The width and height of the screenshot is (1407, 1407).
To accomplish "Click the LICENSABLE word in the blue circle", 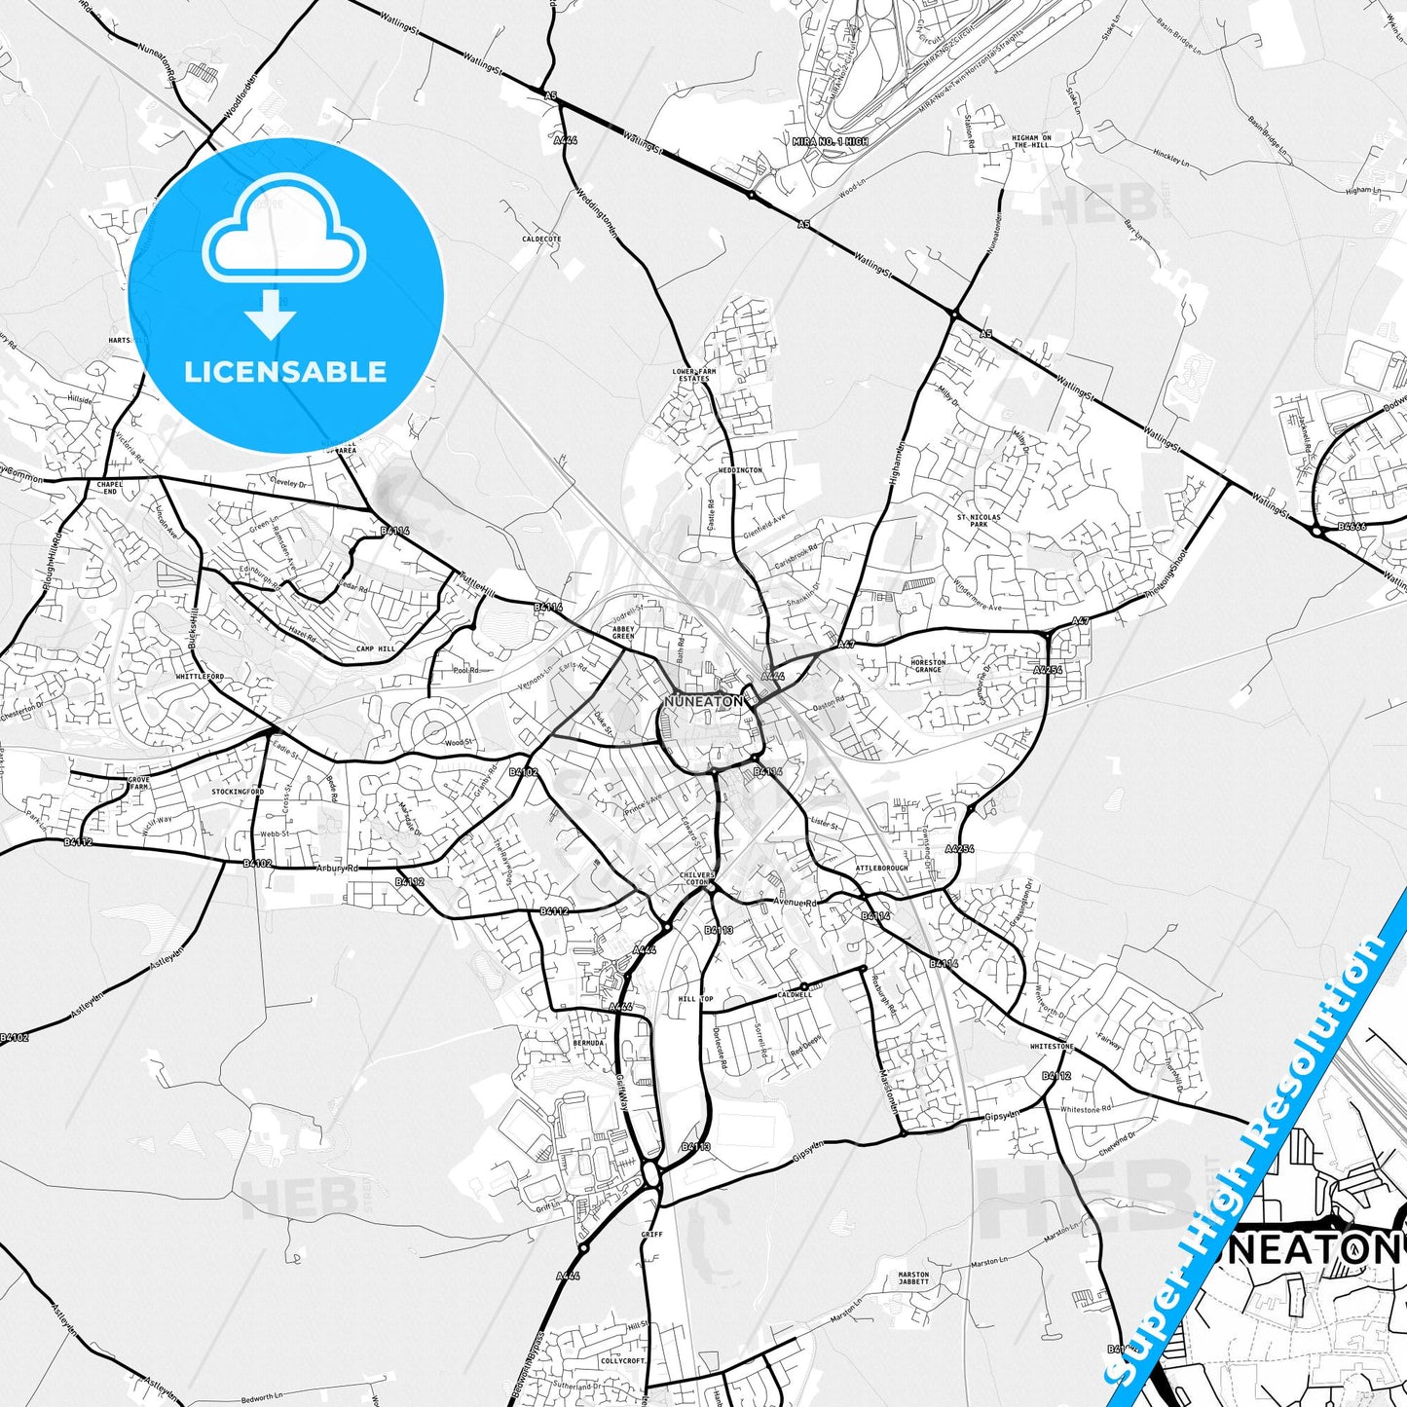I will pyautogui.click(x=285, y=372).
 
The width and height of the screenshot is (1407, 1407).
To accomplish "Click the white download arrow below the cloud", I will pyautogui.click(x=271, y=314).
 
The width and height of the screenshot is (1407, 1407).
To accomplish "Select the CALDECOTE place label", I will pyautogui.click(x=541, y=239).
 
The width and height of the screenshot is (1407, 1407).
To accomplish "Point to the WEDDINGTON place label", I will pyautogui.click(x=740, y=470).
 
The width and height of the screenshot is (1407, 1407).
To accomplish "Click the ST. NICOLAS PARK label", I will pyautogui.click(x=979, y=520).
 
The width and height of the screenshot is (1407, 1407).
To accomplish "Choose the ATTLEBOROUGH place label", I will pyautogui.click(x=881, y=868).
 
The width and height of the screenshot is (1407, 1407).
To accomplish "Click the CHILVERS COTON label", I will pyautogui.click(x=697, y=879).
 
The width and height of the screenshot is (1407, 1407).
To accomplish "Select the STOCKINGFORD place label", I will pyautogui.click(x=238, y=793).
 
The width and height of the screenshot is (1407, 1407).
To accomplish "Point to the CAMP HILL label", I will pyautogui.click(x=375, y=648).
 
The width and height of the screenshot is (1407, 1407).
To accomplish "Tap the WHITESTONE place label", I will pyautogui.click(x=1052, y=1047).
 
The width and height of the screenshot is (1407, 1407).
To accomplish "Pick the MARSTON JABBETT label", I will pyautogui.click(x=913, y=1278).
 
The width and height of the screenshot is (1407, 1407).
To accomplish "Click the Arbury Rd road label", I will pyautogui.click(x=338, y=868).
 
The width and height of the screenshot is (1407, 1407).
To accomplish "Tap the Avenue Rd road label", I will pyautogui.click(x=796, y=903).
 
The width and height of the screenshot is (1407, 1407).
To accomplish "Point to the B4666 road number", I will pyautogui.click(x=1352, y=527).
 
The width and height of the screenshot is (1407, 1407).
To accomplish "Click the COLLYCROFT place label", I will pyautogui.click(x=623, y=1362).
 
